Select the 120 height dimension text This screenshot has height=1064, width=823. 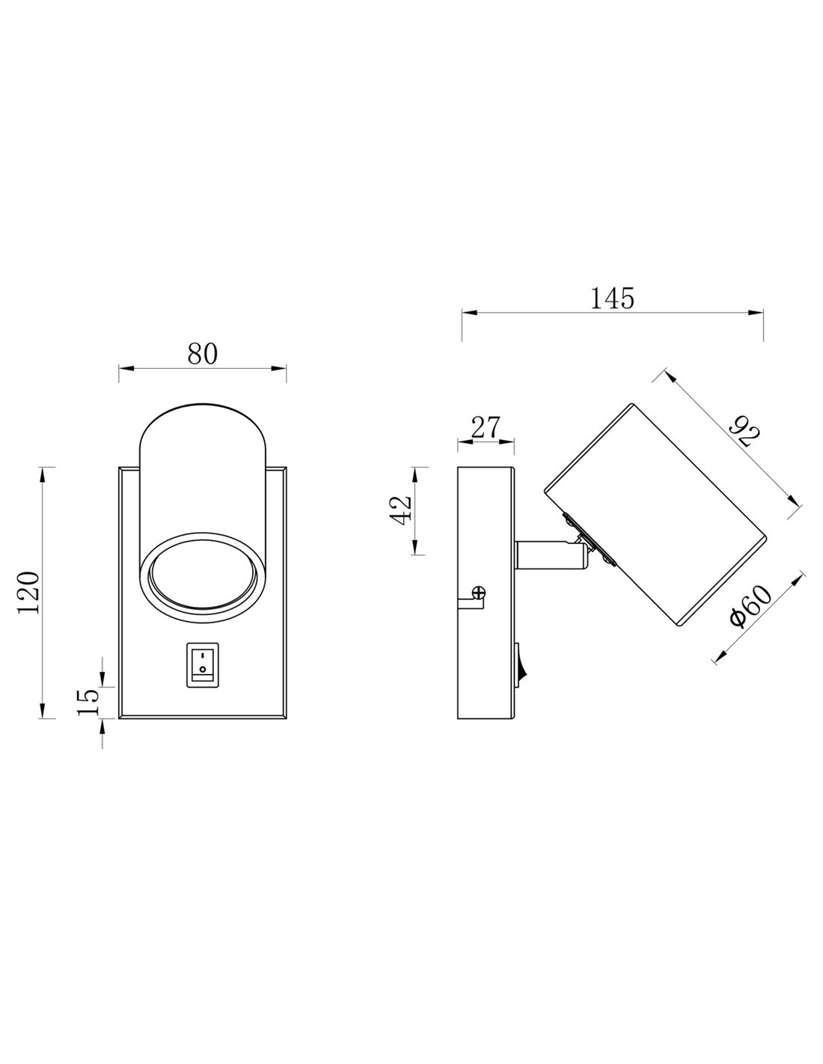coord(28,593)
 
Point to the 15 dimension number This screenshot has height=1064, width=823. coord(88,701)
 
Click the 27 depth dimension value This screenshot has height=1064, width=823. coord(486,427)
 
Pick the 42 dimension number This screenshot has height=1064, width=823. coord(400,510)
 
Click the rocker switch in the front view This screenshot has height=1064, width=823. coord(202,664)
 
